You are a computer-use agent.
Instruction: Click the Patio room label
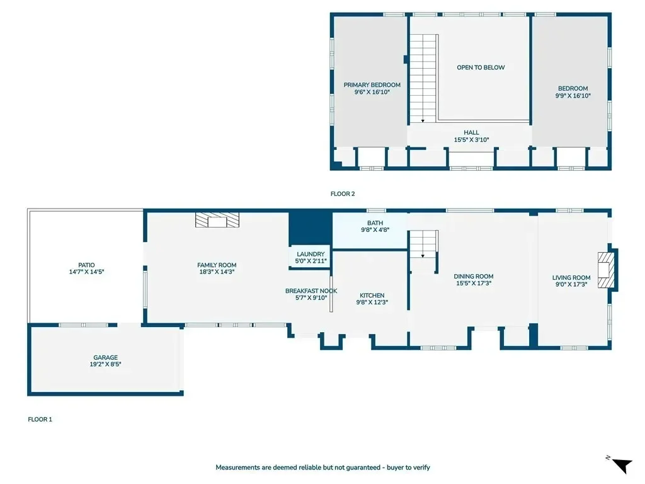coord(86,265)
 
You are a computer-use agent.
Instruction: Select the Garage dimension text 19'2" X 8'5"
coord(105,364)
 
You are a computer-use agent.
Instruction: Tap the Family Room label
coord(217,265)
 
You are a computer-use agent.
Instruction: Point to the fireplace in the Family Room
coord(217,220)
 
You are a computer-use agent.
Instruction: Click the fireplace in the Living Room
coord(606,270)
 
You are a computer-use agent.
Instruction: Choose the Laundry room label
coord(311,255)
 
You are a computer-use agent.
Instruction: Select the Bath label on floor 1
coord(375,223)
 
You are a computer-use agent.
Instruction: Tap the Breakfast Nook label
coord(311,291)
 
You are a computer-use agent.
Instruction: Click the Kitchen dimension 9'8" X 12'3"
coord(372,302)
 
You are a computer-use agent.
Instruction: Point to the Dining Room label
coord(474,277)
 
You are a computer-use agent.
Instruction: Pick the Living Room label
coord(571,278)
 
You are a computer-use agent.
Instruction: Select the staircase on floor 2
coord(423,78)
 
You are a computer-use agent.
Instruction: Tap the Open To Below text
coord(481,67)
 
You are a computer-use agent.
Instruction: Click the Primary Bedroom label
coord(372,85)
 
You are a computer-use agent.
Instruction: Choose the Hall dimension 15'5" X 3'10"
coord(471,140)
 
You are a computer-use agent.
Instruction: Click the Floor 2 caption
coord(343,194)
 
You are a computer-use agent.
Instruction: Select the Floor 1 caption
coord(40,419)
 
